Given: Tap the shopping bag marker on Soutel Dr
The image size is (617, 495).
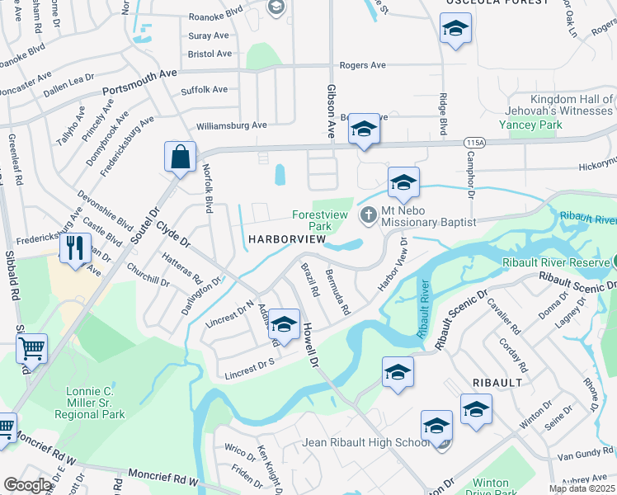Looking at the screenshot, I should click(x=180, y=155).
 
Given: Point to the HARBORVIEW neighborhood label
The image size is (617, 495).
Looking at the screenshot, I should click(x=285, y=239).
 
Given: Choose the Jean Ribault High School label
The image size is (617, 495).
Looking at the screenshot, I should click(x=366, y=442).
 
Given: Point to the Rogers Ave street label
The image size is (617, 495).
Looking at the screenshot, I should click(x=363, y=65).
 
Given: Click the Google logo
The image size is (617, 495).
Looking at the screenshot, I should click(x=28, y=485).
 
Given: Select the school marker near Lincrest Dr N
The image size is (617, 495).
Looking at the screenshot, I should click(x=284, y=324).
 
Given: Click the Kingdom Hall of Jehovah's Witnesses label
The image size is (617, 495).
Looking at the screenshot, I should click(x=560, y=105).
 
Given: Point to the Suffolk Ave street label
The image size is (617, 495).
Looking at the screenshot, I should click(x=204, y=89).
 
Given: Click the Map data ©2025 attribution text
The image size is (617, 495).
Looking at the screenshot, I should click(x=582, y=488).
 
